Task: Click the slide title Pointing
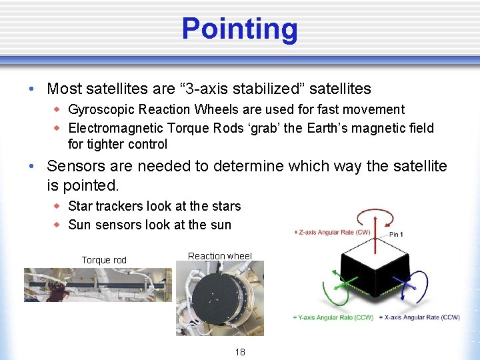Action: [239, 29]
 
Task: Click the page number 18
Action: [239, 351]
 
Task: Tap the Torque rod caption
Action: [104, 260]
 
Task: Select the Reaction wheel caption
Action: [220, 256]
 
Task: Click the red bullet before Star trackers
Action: [57, 206]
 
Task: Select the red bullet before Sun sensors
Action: [57, 225]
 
